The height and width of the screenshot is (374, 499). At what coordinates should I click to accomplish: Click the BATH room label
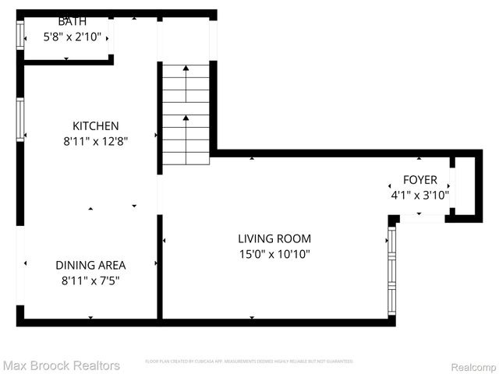pyautogui.click(x=72, y=22)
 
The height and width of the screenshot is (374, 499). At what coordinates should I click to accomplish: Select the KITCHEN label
pyautogui.click(x=96, y=125)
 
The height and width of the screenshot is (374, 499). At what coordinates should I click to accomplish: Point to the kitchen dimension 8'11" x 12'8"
pyautogui.click(x=96, y=141)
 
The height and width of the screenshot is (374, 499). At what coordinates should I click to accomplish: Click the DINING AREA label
pyautogui.click(x=90, y=265)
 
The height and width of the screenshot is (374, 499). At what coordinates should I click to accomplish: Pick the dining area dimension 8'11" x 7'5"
pyautogui.click(x=90, y=280)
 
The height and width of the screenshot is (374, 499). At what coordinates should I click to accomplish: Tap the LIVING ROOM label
pyautogui.click(x=274, y=238)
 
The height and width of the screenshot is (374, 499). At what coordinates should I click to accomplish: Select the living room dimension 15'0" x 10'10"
pyautogui.click(x=274, y=254)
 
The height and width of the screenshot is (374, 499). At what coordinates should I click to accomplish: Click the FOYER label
pyautogui.click(x=419, y=180)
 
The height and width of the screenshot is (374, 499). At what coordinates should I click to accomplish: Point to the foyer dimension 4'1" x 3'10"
pyautogui.click(x=419, y=196)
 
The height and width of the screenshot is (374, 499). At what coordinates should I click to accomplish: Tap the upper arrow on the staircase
pyautogui.click(x=186, y=70)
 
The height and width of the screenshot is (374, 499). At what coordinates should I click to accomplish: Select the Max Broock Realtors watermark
pyautogui.click(x=61, y=365)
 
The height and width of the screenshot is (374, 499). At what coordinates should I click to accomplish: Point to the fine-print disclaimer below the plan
pyautogui.click(x=249, y=362)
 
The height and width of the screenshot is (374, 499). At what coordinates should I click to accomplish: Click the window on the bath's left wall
pyautogui.click(x=20, y=36)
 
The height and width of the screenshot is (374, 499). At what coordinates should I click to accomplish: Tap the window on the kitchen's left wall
pyautogui.click(x=20, y=119)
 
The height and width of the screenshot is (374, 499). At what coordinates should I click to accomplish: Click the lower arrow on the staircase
pyautogui.click(x=186, y=119)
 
